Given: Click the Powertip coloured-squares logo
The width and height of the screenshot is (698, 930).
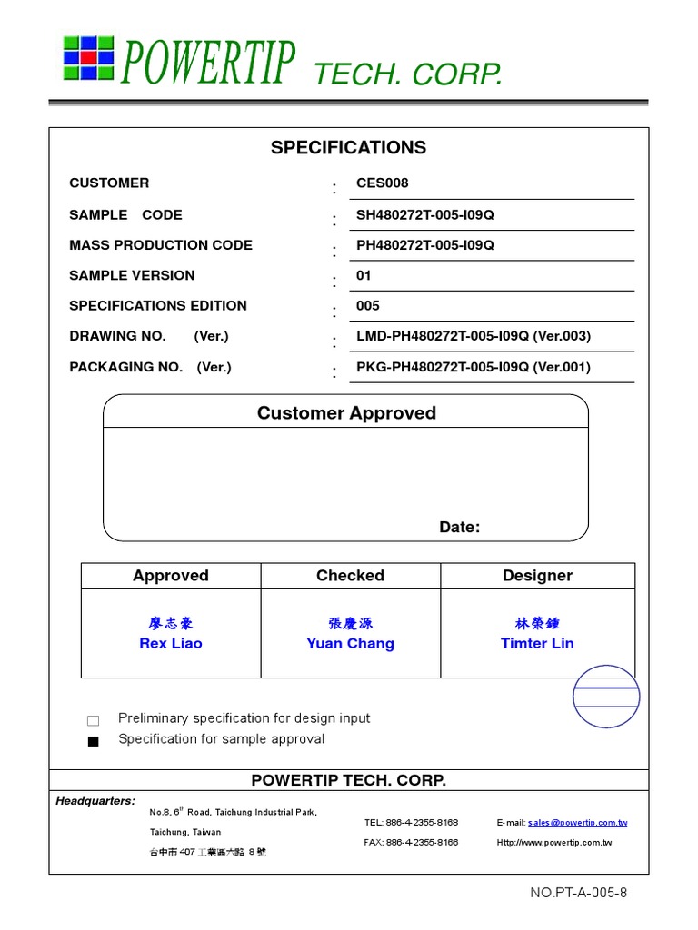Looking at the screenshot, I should pyautogui.click(x=88, y=58).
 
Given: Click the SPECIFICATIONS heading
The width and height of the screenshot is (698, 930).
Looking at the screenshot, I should pyautogui.click(x=348, y=148).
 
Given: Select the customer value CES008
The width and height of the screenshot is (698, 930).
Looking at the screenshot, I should pyautogui.click(x=383, y=183).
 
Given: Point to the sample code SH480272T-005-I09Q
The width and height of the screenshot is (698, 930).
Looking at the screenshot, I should pyautogui.click(x=424, y=215).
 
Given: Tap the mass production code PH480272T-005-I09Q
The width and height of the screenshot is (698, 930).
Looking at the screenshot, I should pyautogui.click(x=424, y=245).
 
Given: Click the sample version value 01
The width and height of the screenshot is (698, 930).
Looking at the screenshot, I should pyautogui.click(x=364, y=275).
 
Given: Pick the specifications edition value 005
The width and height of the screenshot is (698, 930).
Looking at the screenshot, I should pyautogui.click(x=368, y=306).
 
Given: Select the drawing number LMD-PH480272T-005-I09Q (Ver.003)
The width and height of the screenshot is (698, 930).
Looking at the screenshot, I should pyautogui.click(x=473, y=336).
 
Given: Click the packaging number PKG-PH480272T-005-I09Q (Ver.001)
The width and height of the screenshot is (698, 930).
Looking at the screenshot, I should pyautogui.click(x=473, y=367).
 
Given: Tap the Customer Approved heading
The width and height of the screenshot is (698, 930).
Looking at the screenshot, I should pyautogui.click(x=346, y=413).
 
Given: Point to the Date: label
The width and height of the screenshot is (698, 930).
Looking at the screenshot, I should pyautogui.click(x=459, y=528).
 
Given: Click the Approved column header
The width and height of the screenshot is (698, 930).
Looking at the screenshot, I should pyautogui.click(x=171, y=576).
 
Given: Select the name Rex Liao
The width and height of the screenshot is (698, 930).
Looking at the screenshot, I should pyautogui.click(x=171, y=644).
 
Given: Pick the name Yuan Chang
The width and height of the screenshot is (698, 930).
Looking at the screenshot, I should pyautogui.click(x=350, y=644).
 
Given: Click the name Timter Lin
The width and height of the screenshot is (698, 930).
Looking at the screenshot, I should pyautogui.click(x=537, y=644).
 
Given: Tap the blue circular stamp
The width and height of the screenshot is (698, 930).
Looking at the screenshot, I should pyautogui.click(x=606, y=697).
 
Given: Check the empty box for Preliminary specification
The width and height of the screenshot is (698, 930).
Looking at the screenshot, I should pyautogui.click(x=93, y=721).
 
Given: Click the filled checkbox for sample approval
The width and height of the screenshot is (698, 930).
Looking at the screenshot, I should pyautogui.click(x=93, y=741).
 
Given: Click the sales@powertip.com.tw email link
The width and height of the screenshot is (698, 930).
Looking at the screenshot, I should pyautogui.click(x=577, y=823).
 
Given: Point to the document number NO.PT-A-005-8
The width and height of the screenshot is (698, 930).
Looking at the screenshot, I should pyautogui.click(x=578, y=893).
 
